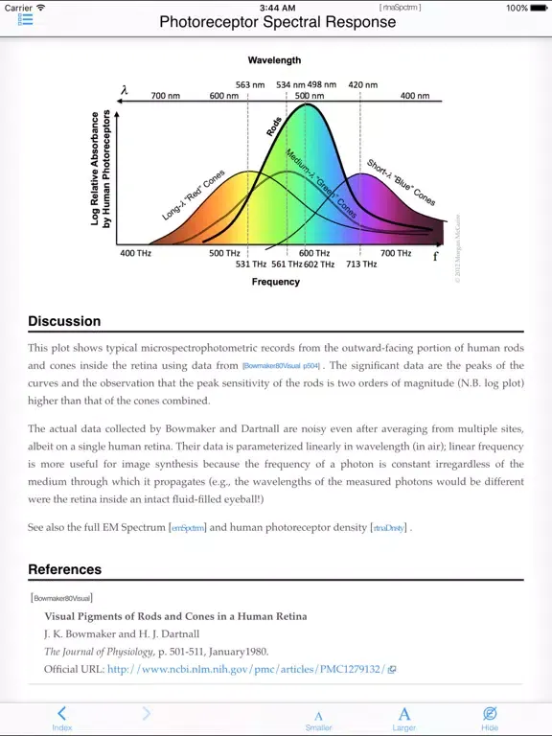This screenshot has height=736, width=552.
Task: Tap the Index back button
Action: tap(61, 717)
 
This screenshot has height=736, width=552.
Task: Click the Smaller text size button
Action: tap(319, 719)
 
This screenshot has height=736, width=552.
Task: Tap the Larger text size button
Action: tap(404, 717)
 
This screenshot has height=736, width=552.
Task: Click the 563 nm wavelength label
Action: tap(250, 84)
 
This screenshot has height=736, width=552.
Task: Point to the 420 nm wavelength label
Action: tap(362, 84)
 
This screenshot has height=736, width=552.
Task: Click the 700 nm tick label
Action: tap(166, 96)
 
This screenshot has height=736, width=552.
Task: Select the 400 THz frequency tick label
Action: tap(134, 253)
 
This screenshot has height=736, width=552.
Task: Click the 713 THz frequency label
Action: tap(361, 264)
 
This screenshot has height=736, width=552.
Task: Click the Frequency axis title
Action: tap(276, 282)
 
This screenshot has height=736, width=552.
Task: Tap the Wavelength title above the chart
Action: tap(275, 59)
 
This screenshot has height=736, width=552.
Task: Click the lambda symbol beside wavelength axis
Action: tap(125, 91)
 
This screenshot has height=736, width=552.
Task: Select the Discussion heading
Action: tap(64, 321)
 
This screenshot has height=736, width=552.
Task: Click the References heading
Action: tap(66, 569)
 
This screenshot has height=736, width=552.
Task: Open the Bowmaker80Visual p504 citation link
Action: tap(282, 366)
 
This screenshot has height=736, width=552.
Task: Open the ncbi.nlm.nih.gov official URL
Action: tap(246, 669)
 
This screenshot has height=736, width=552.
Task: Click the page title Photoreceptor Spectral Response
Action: tap(277, 21)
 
